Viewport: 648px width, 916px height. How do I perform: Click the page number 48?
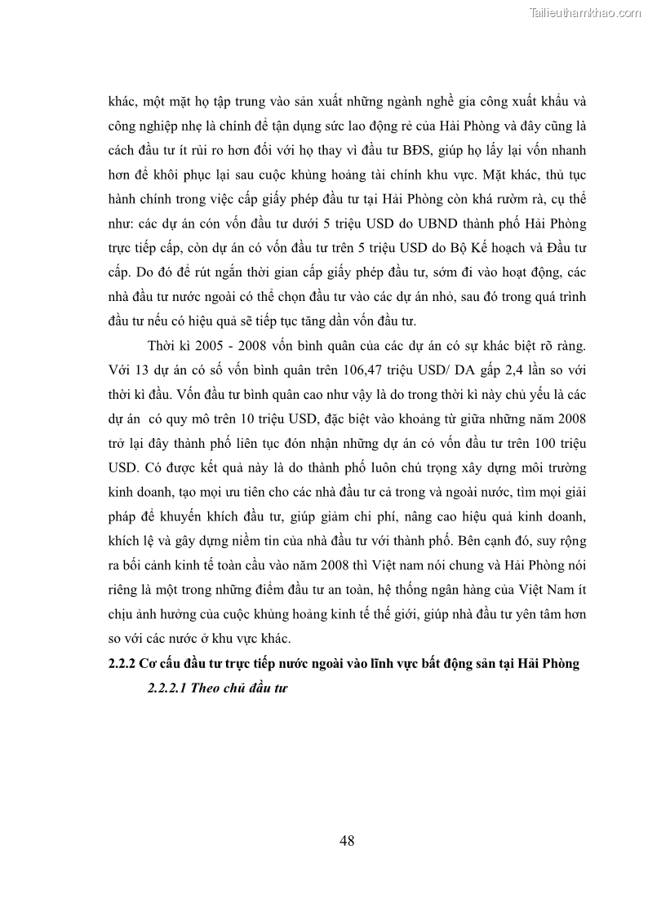click(x=346, y=841)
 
